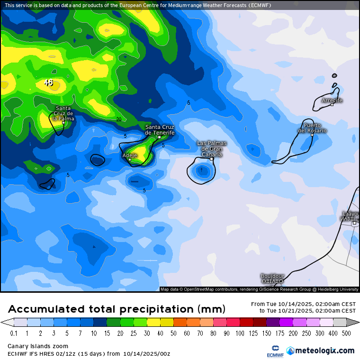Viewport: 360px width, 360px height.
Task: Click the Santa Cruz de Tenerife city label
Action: (x=160, y=130)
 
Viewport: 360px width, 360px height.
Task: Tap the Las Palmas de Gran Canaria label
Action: (x=212, y=148)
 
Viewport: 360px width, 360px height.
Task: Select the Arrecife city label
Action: (x=332, y=100)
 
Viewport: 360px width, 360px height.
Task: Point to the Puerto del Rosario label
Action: (x=312, y=128)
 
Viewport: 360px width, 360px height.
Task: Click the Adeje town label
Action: (x=130, y=155)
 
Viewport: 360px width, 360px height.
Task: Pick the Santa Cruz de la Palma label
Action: (x=63, y=113)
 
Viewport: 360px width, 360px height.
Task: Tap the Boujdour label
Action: (x=272, y=276)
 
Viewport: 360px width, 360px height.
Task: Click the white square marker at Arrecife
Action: (x=332, y=105)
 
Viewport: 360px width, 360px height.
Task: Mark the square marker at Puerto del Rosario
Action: (x=312, y=135)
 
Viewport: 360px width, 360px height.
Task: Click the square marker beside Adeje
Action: (x=130, y=160)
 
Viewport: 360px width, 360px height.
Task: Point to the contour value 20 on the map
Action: (x=119, y=119)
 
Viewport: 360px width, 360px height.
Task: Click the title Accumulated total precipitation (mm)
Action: (x=117, y=309)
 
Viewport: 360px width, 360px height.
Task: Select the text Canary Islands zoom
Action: (x=38, y=346)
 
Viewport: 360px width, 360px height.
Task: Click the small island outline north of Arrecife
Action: (x=334, y=75)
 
